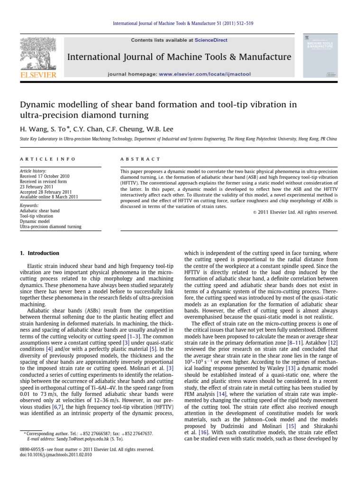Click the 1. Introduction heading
pyautogui.click(x=39, y=253)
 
